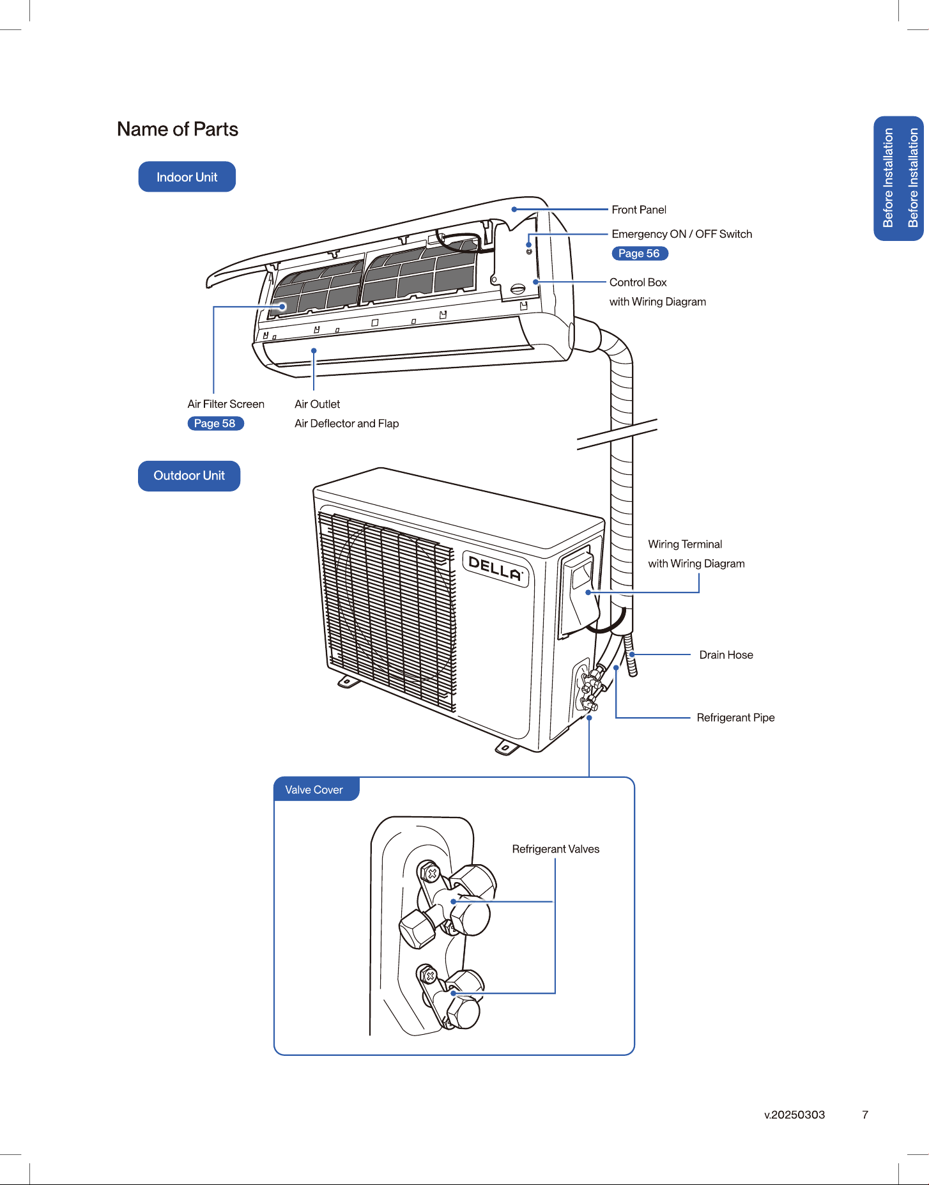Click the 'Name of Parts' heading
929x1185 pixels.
tap(178, 129)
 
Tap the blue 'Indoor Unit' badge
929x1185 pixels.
tap(187, 177)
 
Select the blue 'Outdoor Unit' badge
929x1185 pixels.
tap(189, 476)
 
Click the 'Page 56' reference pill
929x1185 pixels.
tap(640, 253)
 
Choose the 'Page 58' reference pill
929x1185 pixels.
tap(215, 423)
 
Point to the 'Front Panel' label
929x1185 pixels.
tap(639, 210)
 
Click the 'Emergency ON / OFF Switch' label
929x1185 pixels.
tap(682, 234)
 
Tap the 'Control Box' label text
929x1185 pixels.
tap(638, 283)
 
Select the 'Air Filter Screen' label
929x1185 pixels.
tap(226, 404)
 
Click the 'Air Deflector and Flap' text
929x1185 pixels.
tap(346, 423)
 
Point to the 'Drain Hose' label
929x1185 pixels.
tap(726, 655)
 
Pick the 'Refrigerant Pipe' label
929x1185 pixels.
tap(735, 718)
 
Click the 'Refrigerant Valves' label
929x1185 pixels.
tap(556, 849)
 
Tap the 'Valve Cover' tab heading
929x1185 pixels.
tap(314, 790)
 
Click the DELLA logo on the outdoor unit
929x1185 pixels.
tap(496, 568)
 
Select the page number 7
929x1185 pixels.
tap(865, 1115)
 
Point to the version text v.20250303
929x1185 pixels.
tap(795, 1115)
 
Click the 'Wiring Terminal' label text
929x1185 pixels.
tap(685, 545)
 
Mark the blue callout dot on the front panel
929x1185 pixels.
tap(514, 209)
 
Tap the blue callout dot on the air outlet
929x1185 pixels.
tap(314, 350)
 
